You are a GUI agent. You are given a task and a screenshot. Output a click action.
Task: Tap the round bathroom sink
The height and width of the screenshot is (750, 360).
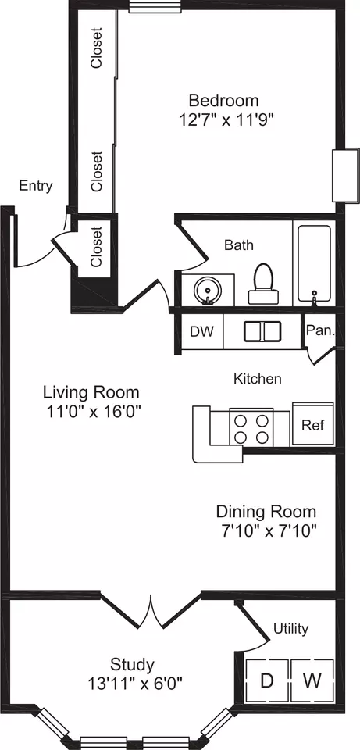point(208,290)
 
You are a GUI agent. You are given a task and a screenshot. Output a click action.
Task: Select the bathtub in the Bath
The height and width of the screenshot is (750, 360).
point(314,263)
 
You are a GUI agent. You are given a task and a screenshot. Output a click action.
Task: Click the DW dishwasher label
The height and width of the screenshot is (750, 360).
point(201,331)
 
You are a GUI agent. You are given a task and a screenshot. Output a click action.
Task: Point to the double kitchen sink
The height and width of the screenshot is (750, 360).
point(262,331)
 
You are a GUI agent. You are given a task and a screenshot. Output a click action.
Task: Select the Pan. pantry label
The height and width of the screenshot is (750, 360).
point(320,330)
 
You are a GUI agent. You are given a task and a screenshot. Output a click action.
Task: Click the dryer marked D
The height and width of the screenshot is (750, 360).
point(267,680)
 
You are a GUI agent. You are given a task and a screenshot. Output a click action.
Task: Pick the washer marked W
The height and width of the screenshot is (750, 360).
point(312,680)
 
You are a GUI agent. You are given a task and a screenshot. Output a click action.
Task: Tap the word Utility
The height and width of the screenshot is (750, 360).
point(290,628)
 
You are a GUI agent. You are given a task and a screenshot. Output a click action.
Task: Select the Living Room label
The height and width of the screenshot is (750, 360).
point(91,392)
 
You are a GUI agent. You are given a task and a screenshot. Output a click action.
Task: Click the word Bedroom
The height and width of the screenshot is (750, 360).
point(224,101)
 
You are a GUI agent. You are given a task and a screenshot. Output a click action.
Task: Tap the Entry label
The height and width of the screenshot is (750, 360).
point(35,186)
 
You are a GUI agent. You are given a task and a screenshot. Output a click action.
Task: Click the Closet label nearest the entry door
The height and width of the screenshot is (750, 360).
point(97,246)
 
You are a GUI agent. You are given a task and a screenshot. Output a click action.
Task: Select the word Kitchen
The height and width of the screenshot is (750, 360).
point(257,379)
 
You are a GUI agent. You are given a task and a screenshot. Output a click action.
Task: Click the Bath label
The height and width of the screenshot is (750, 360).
point(239,245)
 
